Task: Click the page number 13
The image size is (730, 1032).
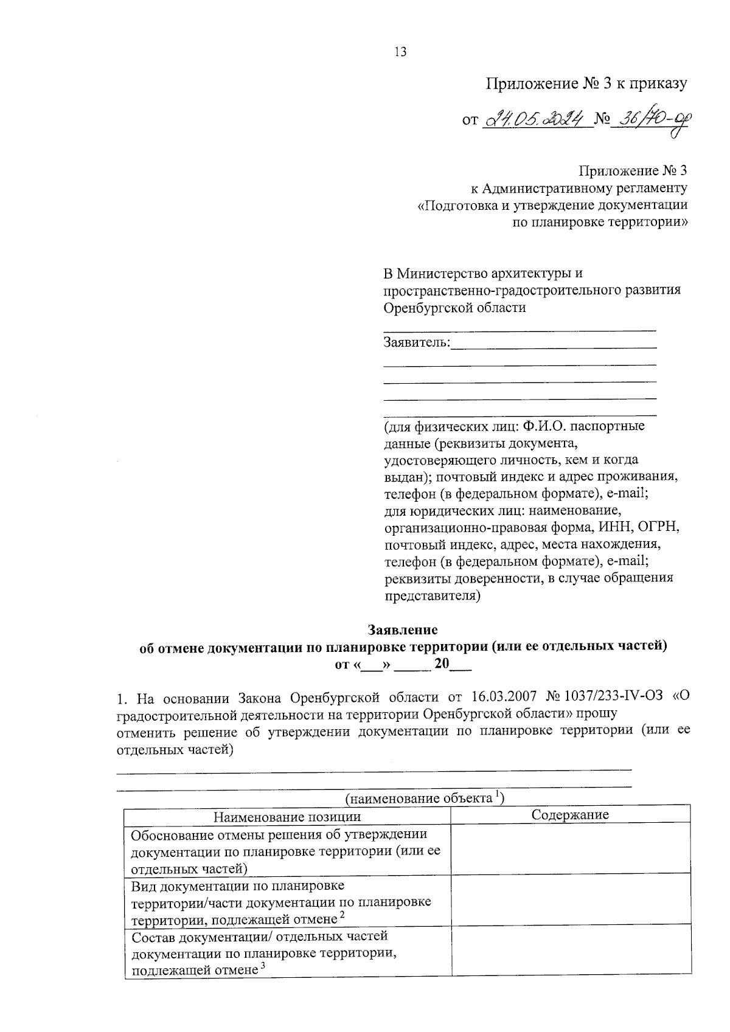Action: pyautogui.click(x=400, y=52)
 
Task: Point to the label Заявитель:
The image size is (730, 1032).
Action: pyautogui.click(x=417, y=342)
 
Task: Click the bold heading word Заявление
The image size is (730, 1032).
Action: pyautogui.click(x=402, y=629)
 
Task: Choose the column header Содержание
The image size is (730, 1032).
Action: pyautogui.click(x=570, y=815)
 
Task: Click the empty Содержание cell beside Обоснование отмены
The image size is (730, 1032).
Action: pyautogui.click(x=570, y=850)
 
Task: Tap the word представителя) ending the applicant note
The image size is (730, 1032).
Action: pyautogui.click(x=433, y=595)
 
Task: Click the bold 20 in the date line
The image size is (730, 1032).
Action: pyautogui.click(x=441, y=663)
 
